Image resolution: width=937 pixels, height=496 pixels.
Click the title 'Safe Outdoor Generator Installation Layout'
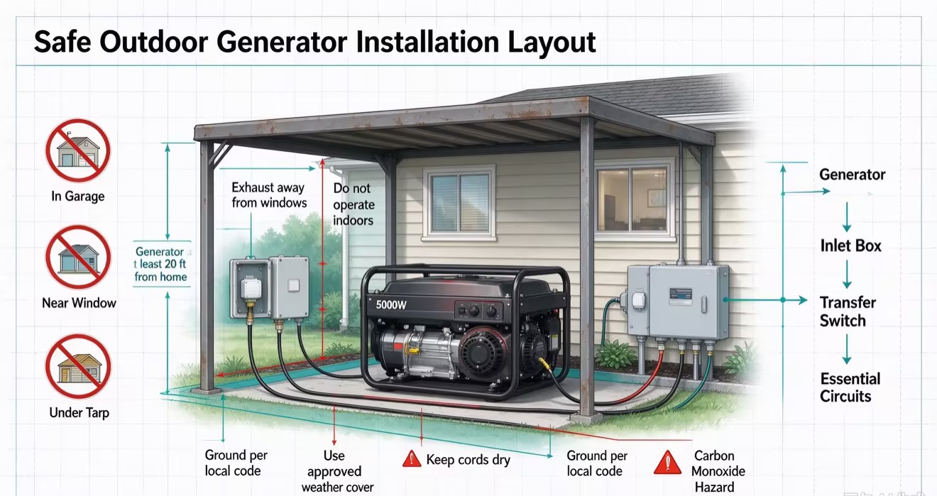coord(314,43)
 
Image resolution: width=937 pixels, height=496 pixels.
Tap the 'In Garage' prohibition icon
coord(78,150)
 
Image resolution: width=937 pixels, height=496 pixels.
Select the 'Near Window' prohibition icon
coord(78,257)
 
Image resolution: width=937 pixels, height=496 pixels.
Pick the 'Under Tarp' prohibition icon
coord(78,366)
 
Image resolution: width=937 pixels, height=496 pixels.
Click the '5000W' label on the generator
coord(390,305)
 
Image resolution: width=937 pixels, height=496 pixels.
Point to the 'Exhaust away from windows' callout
coord(269,195)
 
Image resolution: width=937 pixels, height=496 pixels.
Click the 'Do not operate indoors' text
coord(354,204)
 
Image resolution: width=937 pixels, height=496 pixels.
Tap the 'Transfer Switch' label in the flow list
coord(848,312)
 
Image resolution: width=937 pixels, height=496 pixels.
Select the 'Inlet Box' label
coord(850,246)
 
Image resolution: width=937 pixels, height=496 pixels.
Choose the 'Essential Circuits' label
coord(850,387)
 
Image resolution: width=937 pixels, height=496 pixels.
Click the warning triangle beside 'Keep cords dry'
coord(412,458)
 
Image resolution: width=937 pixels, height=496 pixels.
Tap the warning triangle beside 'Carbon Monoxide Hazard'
coord(667,463)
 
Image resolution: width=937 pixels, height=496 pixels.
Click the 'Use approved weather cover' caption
coord(337,471)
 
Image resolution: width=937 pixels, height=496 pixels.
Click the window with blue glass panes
coord(459,203)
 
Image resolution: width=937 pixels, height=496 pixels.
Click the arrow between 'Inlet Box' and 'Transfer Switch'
coord(847,274)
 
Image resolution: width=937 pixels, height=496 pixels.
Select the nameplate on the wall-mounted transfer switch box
coord(680,296)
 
